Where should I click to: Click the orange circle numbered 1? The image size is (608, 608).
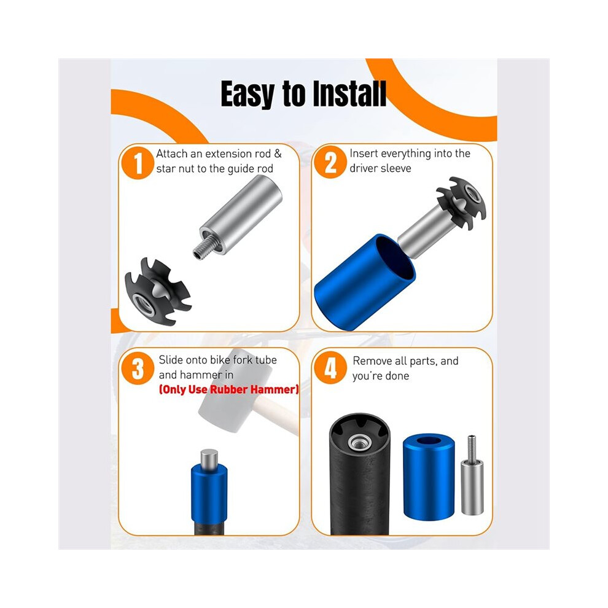click(138, 163)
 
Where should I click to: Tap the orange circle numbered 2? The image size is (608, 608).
click(330, 162)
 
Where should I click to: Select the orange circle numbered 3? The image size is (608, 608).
click(138, 368)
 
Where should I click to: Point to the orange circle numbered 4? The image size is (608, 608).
click(330, 368)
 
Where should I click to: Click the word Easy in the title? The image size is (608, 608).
click(247, 95)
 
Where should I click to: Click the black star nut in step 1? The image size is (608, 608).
click(157, 292)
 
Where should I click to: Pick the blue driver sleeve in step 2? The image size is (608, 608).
click(364, 282)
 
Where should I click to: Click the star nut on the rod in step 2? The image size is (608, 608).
click(461, 203)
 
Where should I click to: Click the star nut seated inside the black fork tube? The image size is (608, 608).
click(359, 437)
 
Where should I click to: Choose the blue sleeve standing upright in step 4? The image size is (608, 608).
click(429, 477)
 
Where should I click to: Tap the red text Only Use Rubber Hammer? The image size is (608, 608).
click(229, 389)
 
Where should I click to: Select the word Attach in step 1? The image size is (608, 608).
click(172, 154)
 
